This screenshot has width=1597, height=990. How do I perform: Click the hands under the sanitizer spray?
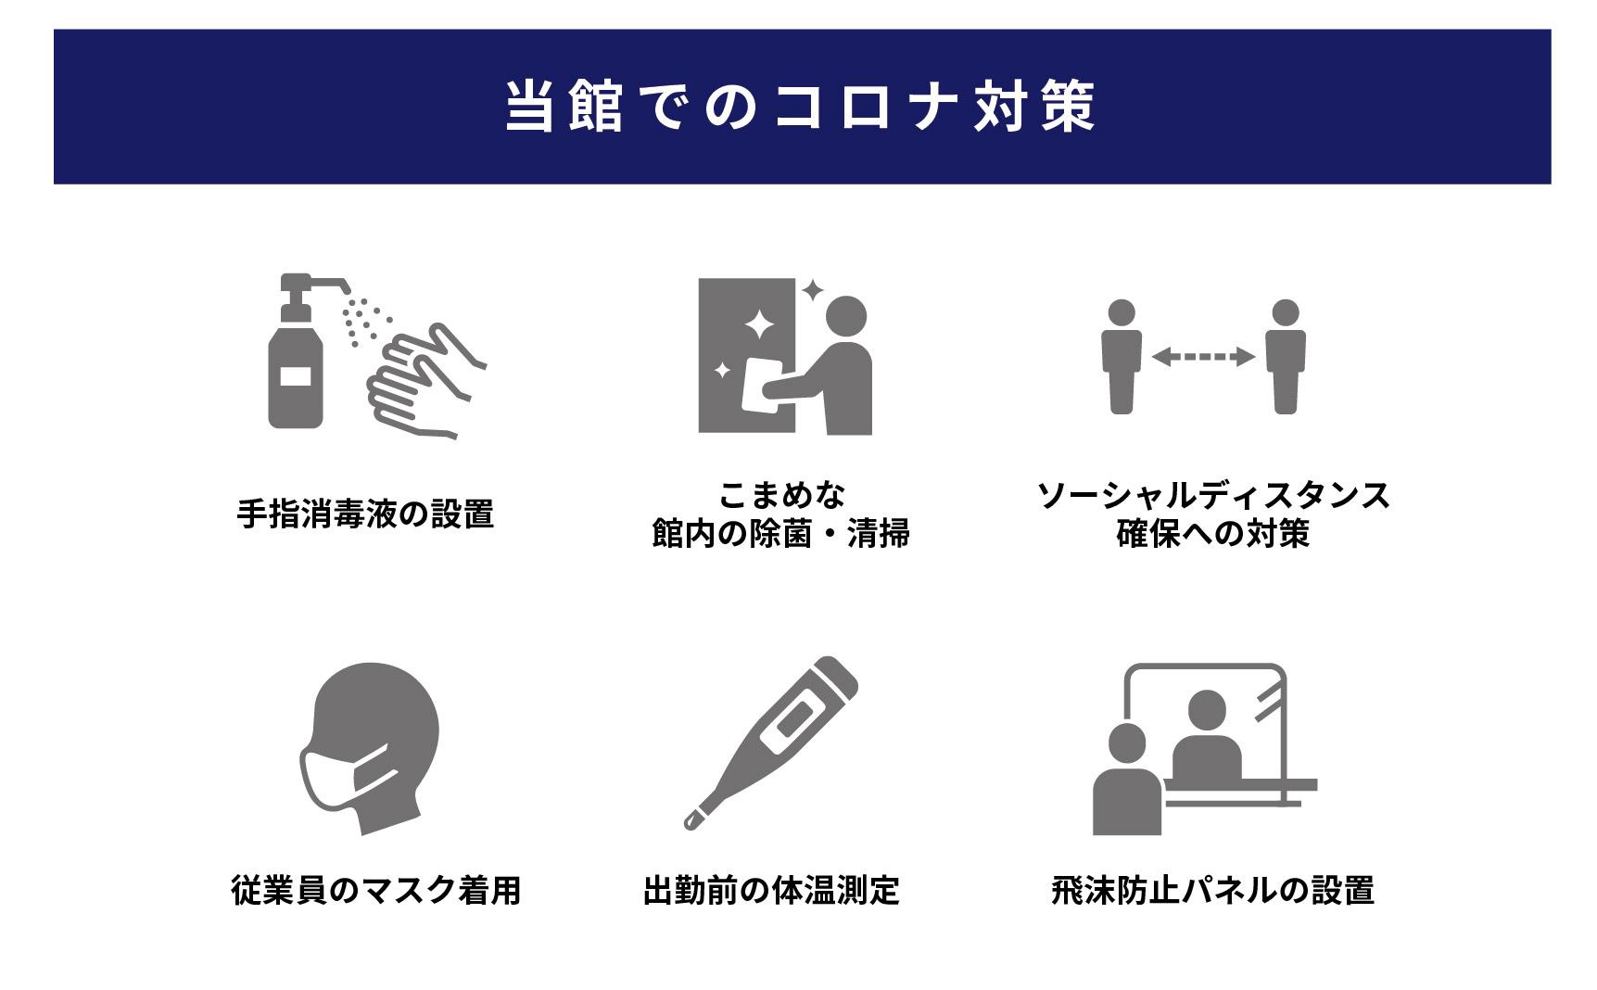point(427,381)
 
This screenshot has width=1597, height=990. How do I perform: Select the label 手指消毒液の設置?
point(365,514)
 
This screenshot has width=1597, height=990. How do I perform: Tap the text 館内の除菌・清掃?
point(780,534)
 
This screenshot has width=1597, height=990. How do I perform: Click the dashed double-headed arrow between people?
point(1203,356)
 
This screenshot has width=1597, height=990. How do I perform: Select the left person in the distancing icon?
point(1122,357)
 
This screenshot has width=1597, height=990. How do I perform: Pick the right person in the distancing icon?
point(1286,357)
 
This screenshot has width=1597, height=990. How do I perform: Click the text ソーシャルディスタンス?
point(1213,495)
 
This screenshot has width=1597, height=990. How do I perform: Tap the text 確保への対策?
point(1212,534)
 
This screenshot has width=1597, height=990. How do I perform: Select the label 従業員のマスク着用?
point(376,890)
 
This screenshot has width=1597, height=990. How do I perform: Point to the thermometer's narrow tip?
point(691,821)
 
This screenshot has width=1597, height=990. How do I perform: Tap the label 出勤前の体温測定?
point(771,890)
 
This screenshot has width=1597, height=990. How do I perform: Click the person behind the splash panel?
point(1207,736)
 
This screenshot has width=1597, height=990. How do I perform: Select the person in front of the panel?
point(1127,779)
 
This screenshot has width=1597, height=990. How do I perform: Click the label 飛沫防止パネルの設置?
point(1212,890)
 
